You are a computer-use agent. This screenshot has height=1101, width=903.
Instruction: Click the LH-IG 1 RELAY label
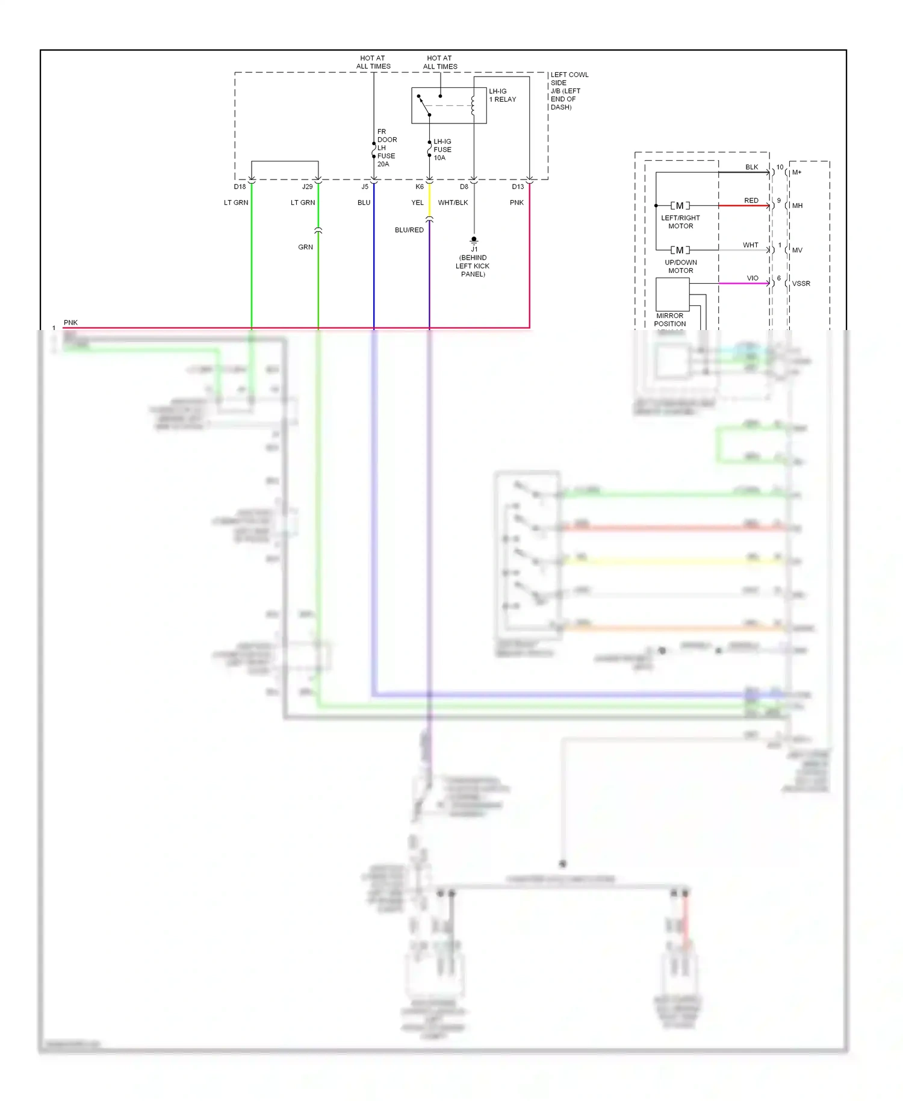pos(502,95)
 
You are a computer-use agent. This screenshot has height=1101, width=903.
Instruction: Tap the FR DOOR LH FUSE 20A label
pos(386,148)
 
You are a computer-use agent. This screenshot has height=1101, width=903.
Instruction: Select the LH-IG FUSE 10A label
pos(442,149)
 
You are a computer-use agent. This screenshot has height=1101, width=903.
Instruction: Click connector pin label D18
pos(240,187)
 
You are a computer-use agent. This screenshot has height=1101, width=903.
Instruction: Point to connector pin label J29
pos(307,187)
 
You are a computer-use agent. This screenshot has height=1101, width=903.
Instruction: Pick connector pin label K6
pos(420,187)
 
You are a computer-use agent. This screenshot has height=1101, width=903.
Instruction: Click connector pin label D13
pos(518,187)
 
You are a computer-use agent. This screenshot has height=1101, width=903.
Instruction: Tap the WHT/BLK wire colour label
pos(453,202)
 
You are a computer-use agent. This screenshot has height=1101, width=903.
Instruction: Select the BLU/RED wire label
pos(409,230)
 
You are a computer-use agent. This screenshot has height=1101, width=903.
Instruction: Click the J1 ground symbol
pos(474,240)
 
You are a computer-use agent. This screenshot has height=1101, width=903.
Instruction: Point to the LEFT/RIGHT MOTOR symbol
pos(680,206)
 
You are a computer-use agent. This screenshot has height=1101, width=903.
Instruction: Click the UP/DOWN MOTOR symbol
pos(680,250)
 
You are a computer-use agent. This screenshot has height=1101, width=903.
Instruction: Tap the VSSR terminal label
pos(801,284)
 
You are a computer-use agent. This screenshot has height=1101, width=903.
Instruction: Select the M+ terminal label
pos(796,172)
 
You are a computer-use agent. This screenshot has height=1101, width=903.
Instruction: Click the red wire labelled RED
pos(743,206)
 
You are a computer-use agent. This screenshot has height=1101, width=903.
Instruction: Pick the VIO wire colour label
pos(752,278)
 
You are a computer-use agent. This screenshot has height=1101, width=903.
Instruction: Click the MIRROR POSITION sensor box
pos(672,294)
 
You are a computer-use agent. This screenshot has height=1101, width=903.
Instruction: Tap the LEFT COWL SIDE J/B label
pos(568,91)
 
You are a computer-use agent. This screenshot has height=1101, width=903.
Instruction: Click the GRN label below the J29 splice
pos(305,247)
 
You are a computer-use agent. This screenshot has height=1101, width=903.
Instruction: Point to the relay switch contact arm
pos(424,105)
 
